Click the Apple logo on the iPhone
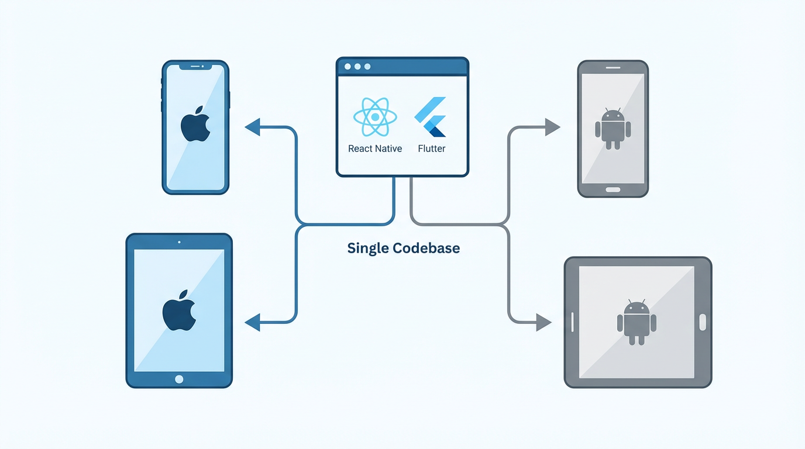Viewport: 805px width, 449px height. click(x=195, y=125)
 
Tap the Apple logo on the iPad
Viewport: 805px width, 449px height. click(x=178, y=310)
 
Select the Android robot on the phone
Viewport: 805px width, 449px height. click(x=613, y=129)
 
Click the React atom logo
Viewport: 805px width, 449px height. click(x=375, y=117)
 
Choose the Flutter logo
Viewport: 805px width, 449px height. click(x=431, y=117)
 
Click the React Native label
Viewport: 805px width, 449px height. click(x=375, y=148)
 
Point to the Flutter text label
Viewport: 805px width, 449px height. click(x=432, y=148)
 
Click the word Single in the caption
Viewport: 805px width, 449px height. click(x=367, y=248)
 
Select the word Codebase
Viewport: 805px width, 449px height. click(x=426, y=248)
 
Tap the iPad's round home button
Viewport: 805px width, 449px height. click(x=179, y=379)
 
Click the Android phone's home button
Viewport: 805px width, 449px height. click(x=613, y=189)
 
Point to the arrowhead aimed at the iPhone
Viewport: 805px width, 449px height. click(x=252, y=127)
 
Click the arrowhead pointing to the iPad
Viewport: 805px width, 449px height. click(x=252, y=322)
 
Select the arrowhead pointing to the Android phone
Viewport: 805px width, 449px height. click(x=552, y=127)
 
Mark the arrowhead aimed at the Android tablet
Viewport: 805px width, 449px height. click(x=543, y=322)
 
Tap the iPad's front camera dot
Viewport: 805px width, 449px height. click(x=179, y=241)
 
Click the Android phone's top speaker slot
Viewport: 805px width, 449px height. click(x=613, y=67)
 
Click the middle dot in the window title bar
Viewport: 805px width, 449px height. click(x=357, y=67)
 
